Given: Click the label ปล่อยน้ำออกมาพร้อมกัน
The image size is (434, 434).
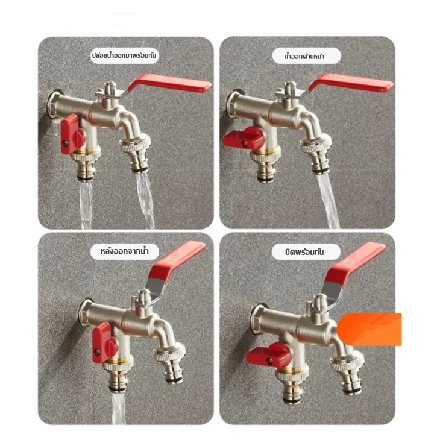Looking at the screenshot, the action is (124, 55).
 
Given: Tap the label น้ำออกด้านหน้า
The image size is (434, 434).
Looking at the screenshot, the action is (304, 57).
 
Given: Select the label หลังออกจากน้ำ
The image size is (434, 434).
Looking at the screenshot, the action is (125, 251).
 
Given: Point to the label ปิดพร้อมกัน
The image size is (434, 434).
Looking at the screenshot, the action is (304, 251).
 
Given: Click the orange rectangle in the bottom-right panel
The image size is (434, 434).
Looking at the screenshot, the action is (370, 329).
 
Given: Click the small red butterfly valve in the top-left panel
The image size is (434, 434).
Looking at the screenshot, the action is (71, 134).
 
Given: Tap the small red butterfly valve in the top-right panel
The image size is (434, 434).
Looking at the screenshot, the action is (244, 139).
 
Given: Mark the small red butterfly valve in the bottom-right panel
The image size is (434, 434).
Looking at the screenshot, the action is (268, 355).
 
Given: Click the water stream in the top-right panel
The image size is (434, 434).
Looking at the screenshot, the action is (328, 201).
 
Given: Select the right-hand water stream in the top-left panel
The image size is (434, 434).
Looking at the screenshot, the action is (145, 200).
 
